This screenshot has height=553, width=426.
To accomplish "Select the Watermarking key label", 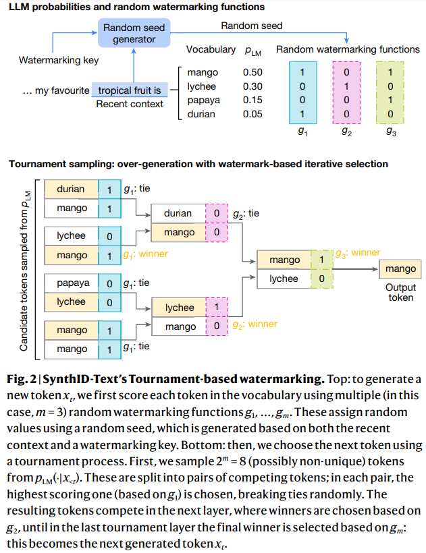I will (59, 60).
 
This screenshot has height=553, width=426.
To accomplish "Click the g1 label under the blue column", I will (302, 133).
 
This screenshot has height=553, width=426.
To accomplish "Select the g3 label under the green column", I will (391, 133).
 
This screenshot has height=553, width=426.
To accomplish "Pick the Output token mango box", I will (400, 269).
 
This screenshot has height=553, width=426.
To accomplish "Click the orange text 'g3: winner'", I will (357, 253).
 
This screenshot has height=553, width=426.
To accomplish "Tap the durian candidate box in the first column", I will (71, 190).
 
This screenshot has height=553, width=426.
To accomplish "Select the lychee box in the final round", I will (284, 279).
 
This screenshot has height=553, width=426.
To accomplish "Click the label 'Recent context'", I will (130, 104).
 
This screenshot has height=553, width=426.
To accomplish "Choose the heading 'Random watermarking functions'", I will (348, 49).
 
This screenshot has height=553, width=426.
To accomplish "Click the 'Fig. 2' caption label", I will (20, 379).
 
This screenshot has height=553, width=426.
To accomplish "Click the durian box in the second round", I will (178, 213).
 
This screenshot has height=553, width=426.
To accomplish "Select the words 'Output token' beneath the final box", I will (400, 292).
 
